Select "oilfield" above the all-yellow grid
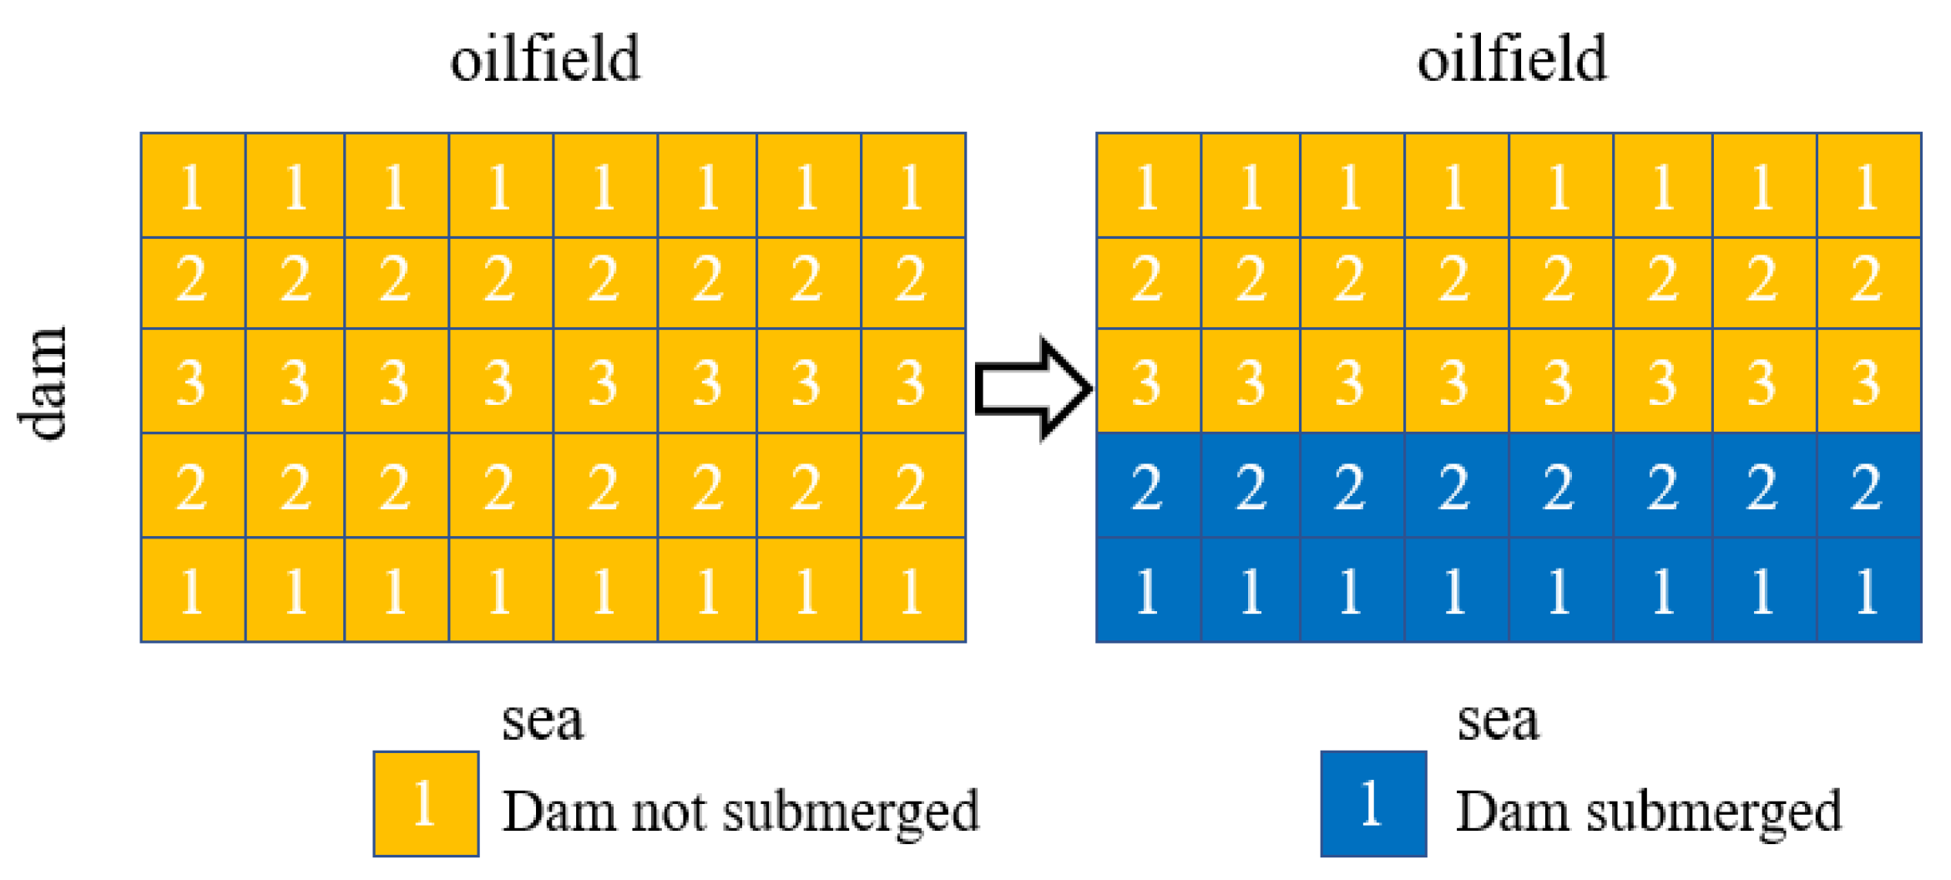click(x=545, y=60)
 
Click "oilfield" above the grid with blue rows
click(x=1512, y=60)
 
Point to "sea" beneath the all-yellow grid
click(x=543, y=720)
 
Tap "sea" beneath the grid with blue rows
click(x=1498, y=720)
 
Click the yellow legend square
click(x=426, y=804)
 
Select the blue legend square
click(x=1373, y=804)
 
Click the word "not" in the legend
click(x=668, y=812)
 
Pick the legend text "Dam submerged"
click(x=1649, y=812)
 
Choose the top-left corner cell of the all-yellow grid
click(x=193, y=185)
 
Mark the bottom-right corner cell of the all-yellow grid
click(x=913, y=590)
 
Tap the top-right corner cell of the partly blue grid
click(x=1869, y=185)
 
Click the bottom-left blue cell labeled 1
click(x=1149, y=590)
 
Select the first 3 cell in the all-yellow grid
click(x=193, y=382)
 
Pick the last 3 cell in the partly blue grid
click(x=1869, y=382)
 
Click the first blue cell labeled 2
click(x=1149, y=486)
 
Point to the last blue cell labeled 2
click(x=1869, y=486)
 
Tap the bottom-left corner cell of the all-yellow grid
click(x=193, y=590)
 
